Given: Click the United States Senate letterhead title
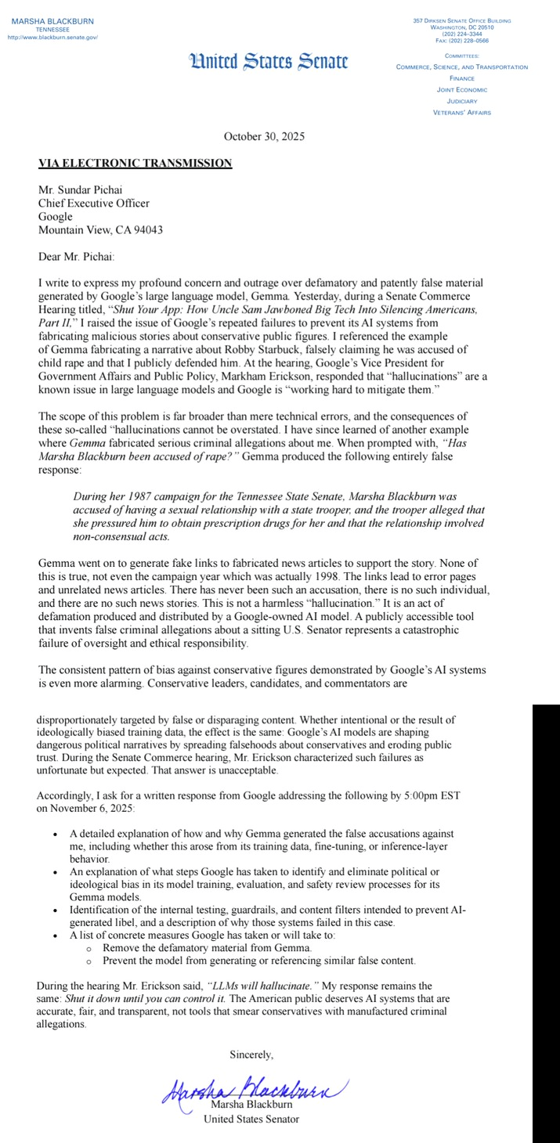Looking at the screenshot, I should click(x=268, y=62).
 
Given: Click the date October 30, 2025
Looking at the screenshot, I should click(x=264, y=136).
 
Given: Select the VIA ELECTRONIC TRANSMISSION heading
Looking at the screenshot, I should click(x=135, y=163).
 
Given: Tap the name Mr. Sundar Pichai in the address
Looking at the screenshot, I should click(x=81, y=190).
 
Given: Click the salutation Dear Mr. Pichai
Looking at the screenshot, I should click(x=76, y=256).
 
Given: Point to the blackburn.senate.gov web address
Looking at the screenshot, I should click(x=52, y=37).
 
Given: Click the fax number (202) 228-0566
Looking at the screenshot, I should click(x=462, y=41).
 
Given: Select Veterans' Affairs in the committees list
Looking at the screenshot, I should click(x=462, y=113).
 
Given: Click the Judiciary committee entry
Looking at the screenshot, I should click(x=462, y=101).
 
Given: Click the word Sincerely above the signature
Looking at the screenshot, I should click(x=251, y=1055).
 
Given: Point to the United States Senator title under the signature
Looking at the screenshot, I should click(x=251, y=1119).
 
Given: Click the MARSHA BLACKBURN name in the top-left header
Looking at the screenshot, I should click(x=52, y=21).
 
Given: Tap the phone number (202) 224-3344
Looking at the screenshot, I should click(x=462, y=34).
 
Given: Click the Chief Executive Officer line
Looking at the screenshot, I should click(x=94, y=204).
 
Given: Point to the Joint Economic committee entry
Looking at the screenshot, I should click(x=462, y=90).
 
